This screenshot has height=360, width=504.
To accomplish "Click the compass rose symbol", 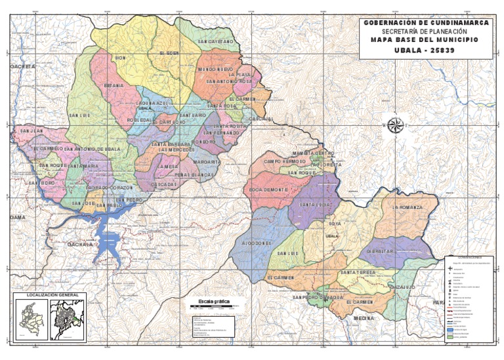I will [x=396, y=126].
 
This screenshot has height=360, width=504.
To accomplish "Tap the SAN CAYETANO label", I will [x=215, y=41].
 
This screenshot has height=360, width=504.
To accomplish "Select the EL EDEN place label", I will [x=169, y=52].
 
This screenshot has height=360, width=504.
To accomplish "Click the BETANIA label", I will [x=114, y=86].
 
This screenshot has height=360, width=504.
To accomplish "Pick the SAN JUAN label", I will [x=31, y=131].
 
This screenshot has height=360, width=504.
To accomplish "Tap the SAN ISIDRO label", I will [x=41, y=183].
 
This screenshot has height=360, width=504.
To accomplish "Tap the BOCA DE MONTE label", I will [x=268, y=190].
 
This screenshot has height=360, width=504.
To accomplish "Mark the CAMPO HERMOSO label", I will [x=285, y=161].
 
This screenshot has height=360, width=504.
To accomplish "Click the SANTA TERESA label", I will [x=358, y=271].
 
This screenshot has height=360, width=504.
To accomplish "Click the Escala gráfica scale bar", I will [x=214, y=306].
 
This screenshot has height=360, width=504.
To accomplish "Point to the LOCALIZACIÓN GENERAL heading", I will [x=50, y=295].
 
